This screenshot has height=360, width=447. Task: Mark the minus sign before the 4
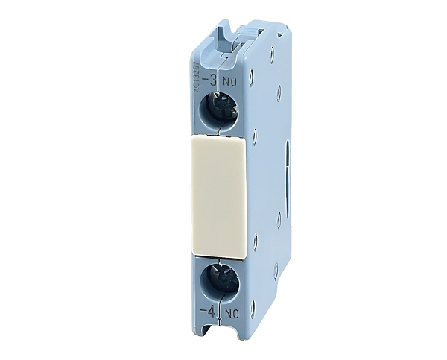204,311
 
